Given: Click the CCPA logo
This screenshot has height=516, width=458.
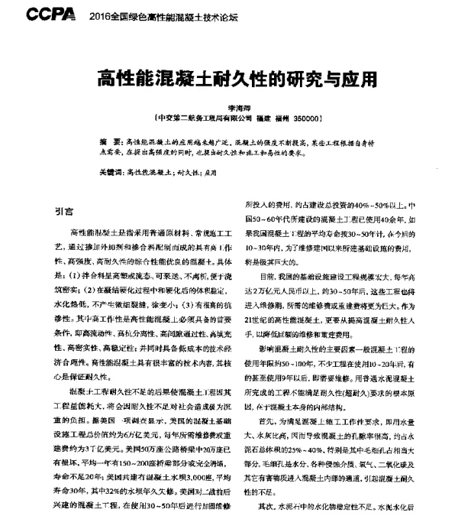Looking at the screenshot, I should (x=51, y=14).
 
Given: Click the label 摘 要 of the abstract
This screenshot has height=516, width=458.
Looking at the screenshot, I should (x=111, y=143).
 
